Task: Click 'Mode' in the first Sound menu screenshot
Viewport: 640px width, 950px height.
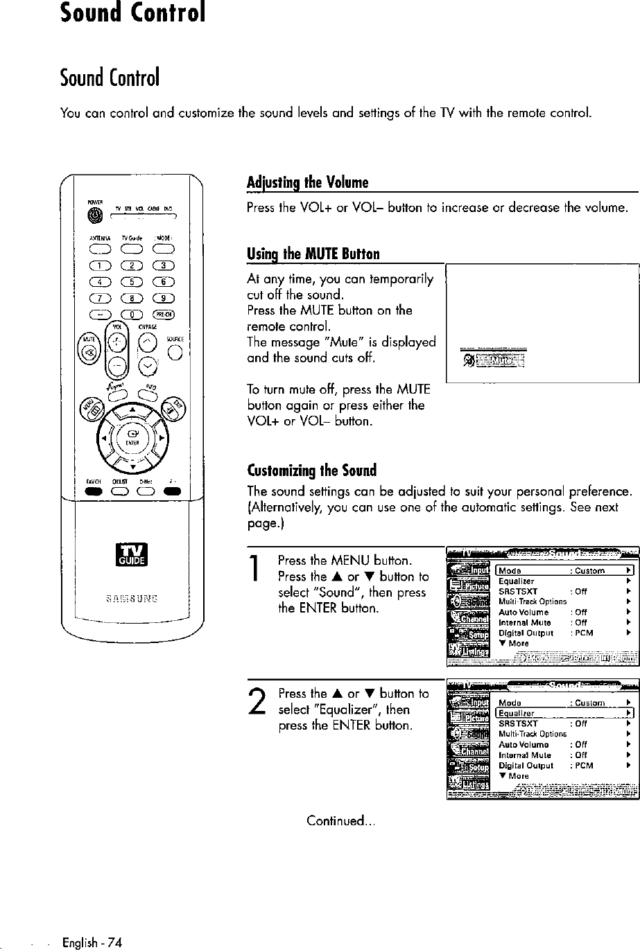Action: pyautogui.click(x=510, y=571)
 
